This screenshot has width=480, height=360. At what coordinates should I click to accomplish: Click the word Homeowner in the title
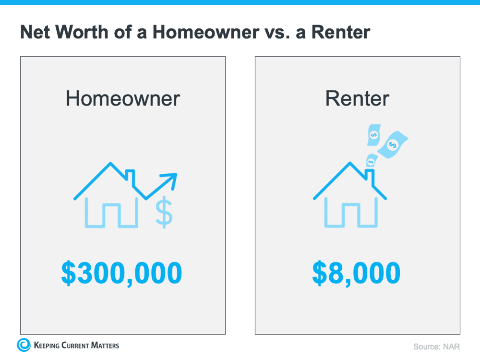tap(206, 32)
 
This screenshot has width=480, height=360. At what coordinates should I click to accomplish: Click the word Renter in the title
tap(341, 32)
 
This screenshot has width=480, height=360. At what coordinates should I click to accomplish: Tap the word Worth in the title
tap(82, 32)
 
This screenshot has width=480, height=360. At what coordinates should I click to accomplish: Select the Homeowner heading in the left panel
tap(123, 98)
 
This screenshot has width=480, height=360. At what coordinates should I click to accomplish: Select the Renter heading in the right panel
tap(357, 98)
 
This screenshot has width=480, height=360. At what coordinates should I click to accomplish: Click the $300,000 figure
tap(121, 273)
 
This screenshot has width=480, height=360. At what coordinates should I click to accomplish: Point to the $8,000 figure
tap(356, 273)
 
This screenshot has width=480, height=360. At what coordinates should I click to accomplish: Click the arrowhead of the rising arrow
tap(171, 180)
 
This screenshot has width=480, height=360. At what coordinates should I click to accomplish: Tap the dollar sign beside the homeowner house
tap(164, 212)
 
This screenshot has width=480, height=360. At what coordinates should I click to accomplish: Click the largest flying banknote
tap(393, 144)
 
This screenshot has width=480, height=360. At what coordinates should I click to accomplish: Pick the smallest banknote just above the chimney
tap(372, 161)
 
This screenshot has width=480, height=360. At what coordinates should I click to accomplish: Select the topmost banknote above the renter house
tap(374, 135)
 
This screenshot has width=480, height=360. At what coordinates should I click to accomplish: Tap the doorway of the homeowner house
tap(111, 216)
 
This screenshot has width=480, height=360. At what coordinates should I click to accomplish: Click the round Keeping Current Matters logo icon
tap(24, 345)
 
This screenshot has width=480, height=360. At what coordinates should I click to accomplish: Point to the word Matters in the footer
tap(105, 345)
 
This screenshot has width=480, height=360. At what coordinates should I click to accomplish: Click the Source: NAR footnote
tap(436, 347)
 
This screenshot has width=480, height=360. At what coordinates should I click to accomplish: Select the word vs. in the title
tap(277, 32)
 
